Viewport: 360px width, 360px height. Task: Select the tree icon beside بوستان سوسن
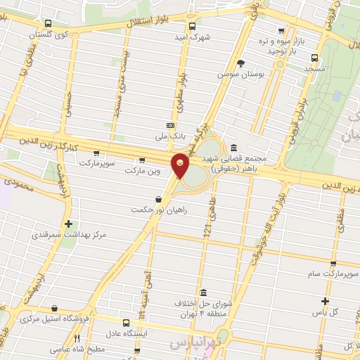click(240, 63)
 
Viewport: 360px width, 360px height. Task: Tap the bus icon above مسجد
click(313, 59)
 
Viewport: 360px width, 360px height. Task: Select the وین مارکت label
click(143, 170)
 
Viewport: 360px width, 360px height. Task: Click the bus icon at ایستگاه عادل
click(125, 323)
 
